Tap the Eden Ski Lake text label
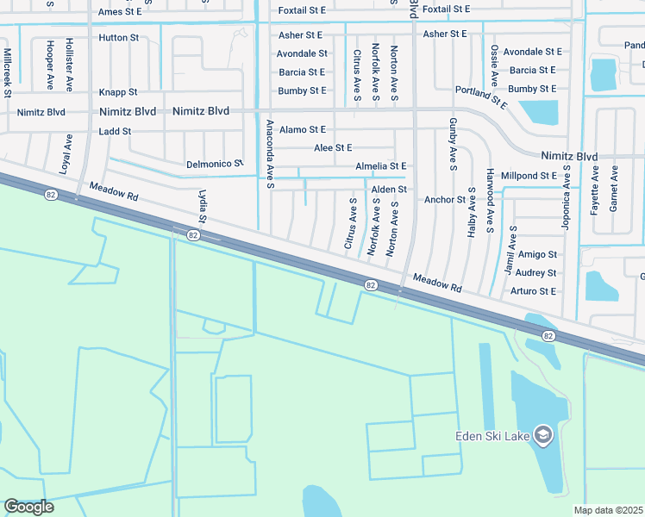pyautogui.click(x=492, y=435)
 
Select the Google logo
pyautogui.click(x=28, y=507)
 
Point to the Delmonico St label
pyautogui.click(x=215, y=163)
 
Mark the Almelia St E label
pyautogui.click(x=380, y=165)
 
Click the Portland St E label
pyautogui.click(x=483, y=96)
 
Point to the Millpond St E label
pyautogui.click(x=529, y=176)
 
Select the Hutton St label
pyautogui.click(x=119, y=38)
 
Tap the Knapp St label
pyautogui.click(x=118, y=91)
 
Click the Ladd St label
pyautogui.click(x=115, y=131)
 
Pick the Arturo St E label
pyautogui.click(x=533, y=291)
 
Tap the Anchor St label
pyautogui.click(x=445, y=200)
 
